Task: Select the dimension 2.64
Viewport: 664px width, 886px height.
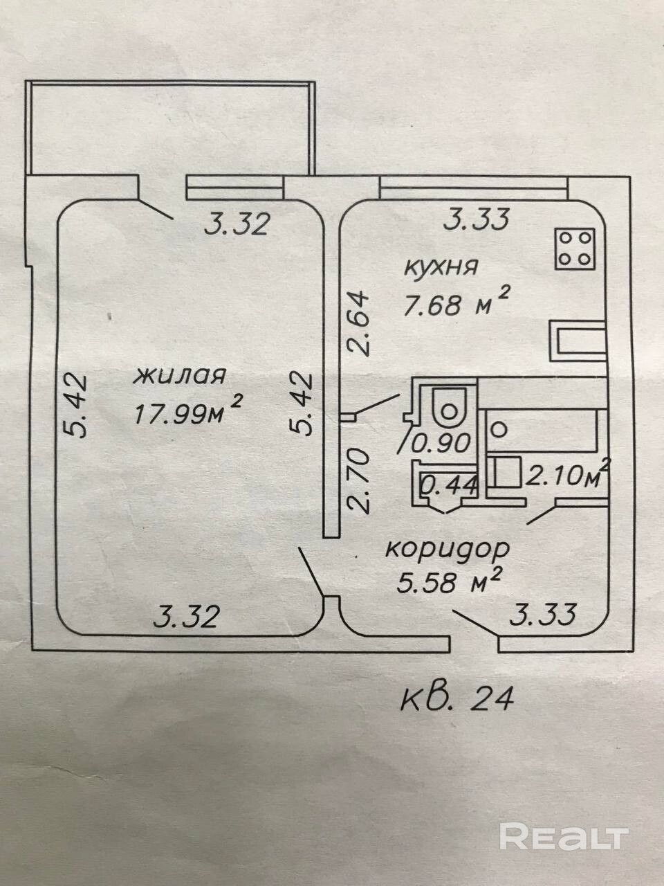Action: click(360, 323)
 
